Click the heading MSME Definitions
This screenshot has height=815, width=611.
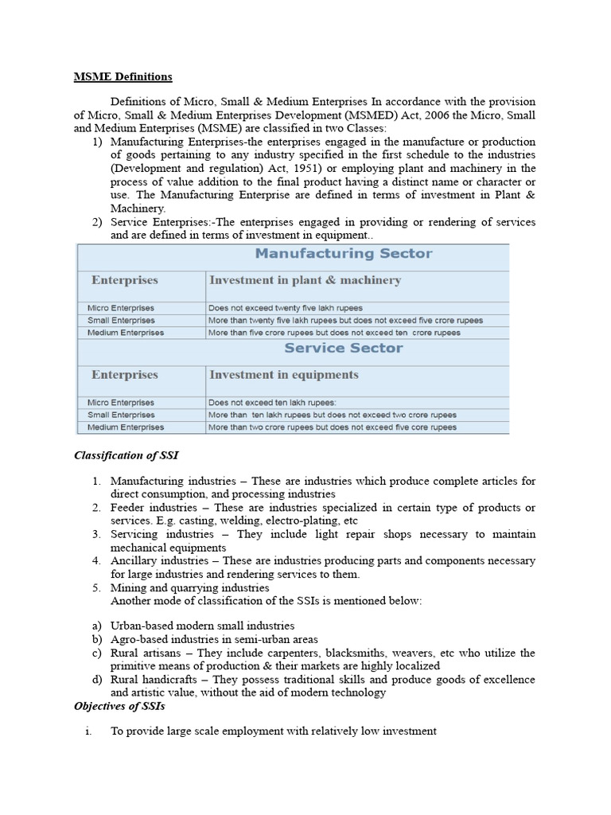click(123, 77)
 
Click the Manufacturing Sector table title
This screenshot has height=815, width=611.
click(344, 254)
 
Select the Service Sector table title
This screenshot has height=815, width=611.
click(344, 348)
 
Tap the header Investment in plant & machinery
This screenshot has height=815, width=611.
click(305, 280)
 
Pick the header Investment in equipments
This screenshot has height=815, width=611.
click(283, 375)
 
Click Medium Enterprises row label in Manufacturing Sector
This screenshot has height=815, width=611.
click(126, 333)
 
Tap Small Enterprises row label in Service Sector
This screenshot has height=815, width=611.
click(122, 415)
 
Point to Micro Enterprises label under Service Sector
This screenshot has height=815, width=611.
click(121, 403)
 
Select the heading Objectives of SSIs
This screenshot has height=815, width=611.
click(119, 706)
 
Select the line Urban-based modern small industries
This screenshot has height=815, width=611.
click(202, 626)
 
